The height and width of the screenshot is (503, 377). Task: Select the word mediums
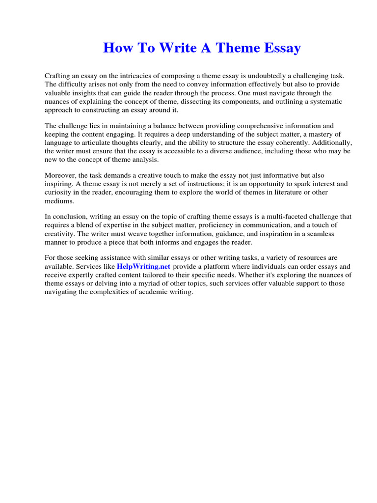tap(59, 201)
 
